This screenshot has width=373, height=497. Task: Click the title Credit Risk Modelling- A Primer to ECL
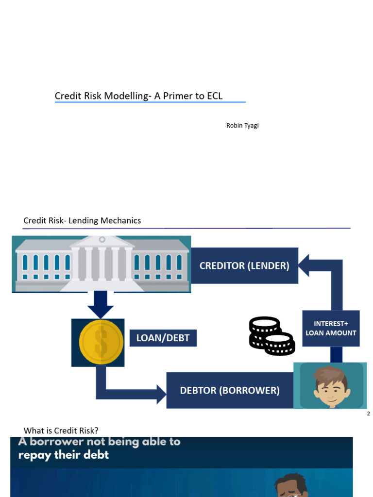[138, 96]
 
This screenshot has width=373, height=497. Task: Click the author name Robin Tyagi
[242, 126]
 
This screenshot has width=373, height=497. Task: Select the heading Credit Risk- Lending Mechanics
[82, 220]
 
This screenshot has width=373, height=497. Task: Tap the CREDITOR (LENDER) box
[244, 265]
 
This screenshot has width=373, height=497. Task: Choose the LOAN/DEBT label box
[163, 338]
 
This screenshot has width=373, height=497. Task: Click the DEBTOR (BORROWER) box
[230, 390]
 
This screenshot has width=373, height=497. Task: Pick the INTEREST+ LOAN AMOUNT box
[331, 329]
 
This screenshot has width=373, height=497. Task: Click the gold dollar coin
[101, 342]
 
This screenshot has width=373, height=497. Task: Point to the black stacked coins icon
[272, 336]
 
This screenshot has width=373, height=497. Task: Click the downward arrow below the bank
[101, 305]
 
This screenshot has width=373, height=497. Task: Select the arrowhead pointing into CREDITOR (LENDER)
[304, 265]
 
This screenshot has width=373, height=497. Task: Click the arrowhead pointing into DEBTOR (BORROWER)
[161, 394]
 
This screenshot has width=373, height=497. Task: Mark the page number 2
[368, 414]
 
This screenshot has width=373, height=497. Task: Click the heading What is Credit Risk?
[61, 431]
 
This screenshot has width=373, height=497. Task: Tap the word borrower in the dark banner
[56, 442]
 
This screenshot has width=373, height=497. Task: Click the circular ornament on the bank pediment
[102, 239]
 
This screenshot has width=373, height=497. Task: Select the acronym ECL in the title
[215, 96]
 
